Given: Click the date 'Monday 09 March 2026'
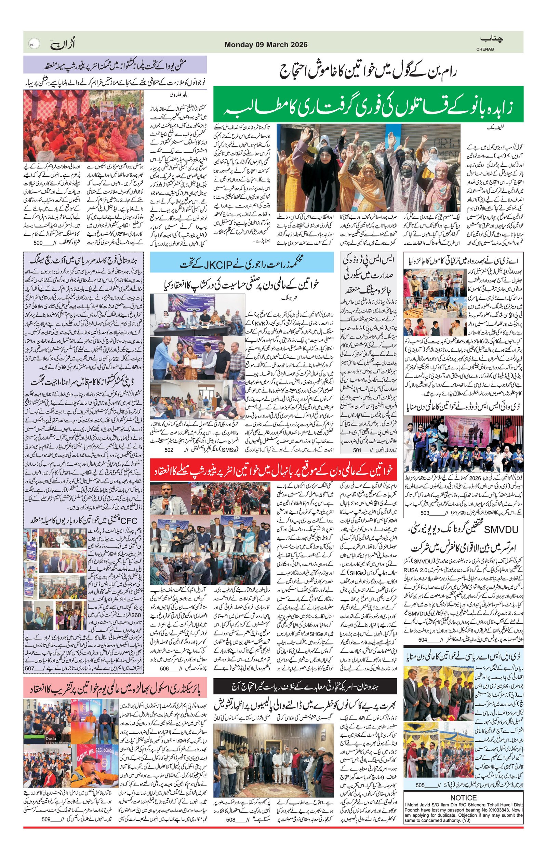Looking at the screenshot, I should tap(266, 45).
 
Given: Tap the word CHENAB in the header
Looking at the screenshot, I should tap(485, 49).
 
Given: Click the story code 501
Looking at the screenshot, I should tap(358, 450).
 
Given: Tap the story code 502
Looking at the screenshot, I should tap(169, 450).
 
